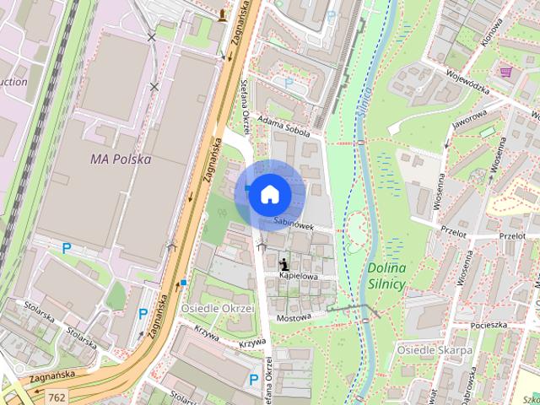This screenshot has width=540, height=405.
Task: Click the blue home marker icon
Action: (269, 195)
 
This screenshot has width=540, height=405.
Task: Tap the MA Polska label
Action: (120, 159)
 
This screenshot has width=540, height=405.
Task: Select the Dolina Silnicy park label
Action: (386, 276)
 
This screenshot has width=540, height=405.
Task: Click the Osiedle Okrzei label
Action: (218, 308)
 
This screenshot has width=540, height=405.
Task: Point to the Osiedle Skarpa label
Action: (435, 350)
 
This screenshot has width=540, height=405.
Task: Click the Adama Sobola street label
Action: (289, 127)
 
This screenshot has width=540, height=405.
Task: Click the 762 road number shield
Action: (57, 397)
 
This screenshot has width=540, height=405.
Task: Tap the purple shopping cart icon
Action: (505, 73)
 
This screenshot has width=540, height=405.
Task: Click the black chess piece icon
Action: (282, 263)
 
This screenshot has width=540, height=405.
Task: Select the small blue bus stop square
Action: (183, 282)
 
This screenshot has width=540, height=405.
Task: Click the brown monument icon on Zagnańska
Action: (222, 14)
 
